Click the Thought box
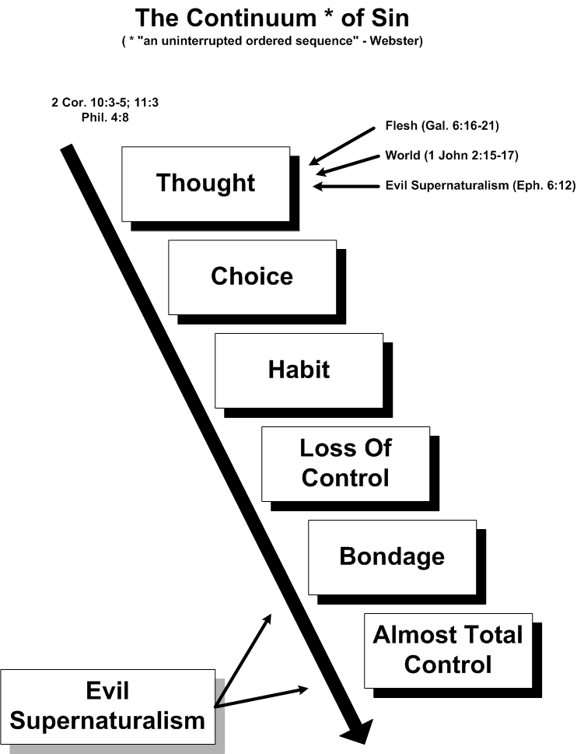205,184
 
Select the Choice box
252,277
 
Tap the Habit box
299,370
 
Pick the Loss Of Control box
345,464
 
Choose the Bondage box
392,557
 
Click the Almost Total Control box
448,651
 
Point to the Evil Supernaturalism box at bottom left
107,707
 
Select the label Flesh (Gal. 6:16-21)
442,126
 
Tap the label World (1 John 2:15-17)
452,156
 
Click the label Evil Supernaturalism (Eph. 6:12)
481,185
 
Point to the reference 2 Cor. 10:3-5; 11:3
105,103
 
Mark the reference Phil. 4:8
105,117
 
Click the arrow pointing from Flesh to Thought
342,146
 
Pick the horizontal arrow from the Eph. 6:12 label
346,186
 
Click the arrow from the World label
348,165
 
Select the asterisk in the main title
329,15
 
